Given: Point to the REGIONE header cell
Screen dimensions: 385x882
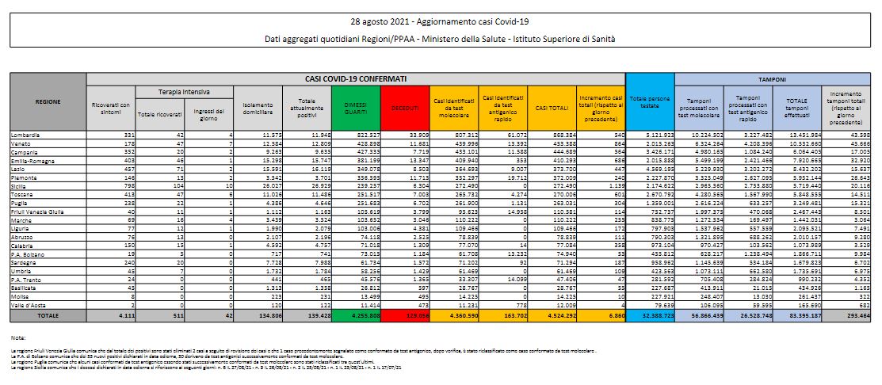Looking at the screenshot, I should [47, 102].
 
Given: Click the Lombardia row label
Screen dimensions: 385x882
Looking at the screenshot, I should [25, 135].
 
